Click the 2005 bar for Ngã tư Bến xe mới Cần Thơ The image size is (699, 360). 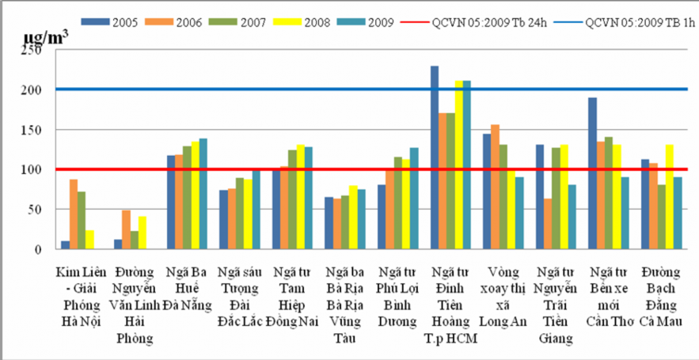click(592, 173)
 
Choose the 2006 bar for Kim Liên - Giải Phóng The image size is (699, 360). click(74, 214)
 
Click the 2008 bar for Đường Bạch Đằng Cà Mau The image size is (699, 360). click(671, 197)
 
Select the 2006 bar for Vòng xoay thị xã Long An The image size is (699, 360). click(496, 187)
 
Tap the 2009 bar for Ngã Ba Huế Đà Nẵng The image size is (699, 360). click(204, 194)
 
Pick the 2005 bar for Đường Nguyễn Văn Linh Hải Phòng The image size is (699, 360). click(118, 244)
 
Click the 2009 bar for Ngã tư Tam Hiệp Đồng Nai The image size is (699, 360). click(310, 198)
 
